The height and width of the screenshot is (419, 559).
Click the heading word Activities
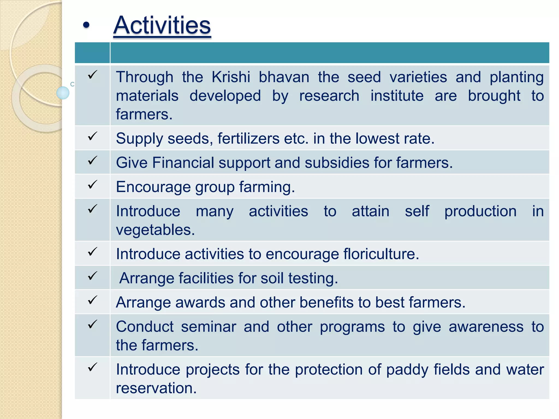(x=162, y=25)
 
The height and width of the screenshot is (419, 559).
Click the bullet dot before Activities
(x=86, y=25)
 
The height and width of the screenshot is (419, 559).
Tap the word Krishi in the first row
(x=231, y=77)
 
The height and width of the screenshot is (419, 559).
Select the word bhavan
(x=284, y=77)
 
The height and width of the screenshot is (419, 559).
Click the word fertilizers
(x=248, y=139)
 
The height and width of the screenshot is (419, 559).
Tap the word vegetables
(x=155, y=230)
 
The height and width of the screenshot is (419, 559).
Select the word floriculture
(x=381, y=254)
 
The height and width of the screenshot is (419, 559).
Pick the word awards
(x=200, y=303)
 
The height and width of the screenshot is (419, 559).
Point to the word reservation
(x=156, y=388)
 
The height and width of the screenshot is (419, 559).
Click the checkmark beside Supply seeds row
(x=93, y=136)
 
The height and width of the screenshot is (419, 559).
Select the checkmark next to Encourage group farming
(x=93, y=185)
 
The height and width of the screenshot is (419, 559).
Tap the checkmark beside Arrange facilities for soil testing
(x=93, y=276)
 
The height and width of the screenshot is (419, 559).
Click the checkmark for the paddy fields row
(x=93, y=367)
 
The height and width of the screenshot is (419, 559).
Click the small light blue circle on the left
(x=63, y=93)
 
